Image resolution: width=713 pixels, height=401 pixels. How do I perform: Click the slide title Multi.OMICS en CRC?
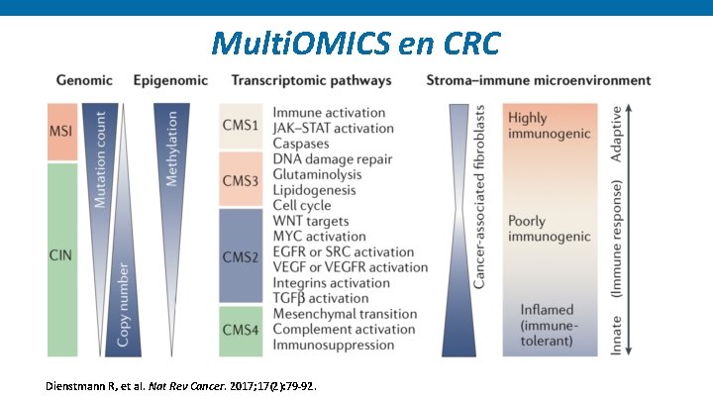click(x=356, y=43)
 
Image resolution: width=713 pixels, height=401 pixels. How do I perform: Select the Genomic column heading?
click(x=85, y=80)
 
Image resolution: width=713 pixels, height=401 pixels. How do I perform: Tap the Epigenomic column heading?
click(x=170, y=80)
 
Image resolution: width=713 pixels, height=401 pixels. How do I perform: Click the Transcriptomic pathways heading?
click(x=312, y=80)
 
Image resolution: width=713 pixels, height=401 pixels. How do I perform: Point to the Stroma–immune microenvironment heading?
click(x=539, y=80)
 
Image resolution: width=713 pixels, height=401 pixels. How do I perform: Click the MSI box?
click(x=61, y=133)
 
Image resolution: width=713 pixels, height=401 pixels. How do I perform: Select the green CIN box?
click(x=61, y=256)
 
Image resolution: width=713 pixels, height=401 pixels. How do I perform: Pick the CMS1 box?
click(x=241, y=126)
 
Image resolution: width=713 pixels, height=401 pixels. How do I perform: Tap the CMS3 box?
click(x=241, y=179)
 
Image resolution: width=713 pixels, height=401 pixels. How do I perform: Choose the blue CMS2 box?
click(x=241, y=256)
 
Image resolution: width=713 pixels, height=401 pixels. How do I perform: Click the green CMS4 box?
click(x=241, y=330)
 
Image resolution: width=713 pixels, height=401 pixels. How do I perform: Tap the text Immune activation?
click(x=327, y=112)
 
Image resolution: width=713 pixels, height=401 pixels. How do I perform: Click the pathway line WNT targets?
click(x=311, y=220)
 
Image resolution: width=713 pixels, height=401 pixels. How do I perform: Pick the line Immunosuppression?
click(x=334, y=346)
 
